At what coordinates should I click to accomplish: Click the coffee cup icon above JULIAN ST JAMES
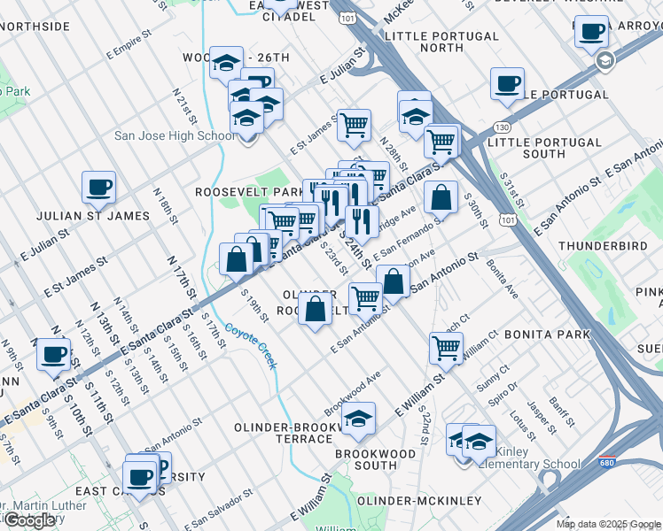coord(98,187)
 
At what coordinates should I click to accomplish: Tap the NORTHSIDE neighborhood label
coord(35,27)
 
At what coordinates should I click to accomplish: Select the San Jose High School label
coord(175,135)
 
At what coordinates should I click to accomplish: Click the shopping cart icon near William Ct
coord(445,347)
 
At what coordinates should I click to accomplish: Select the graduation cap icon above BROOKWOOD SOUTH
coord(359,419)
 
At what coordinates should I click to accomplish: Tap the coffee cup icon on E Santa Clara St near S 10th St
coord(53,354)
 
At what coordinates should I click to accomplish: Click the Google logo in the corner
coord(29,519)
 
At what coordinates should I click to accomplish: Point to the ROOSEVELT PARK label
coord(237,191)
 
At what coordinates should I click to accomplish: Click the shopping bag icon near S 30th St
coord(441,197)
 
